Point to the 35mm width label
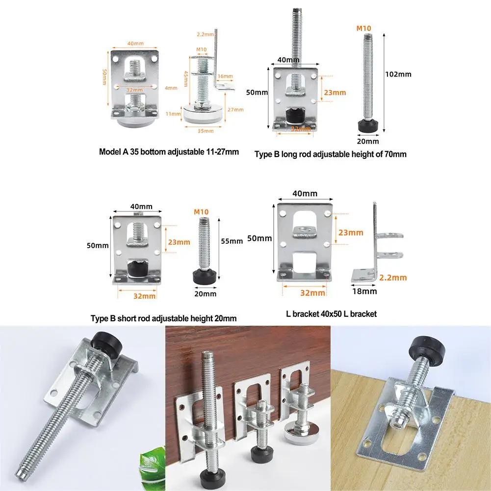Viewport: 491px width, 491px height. click(x=206, y=131)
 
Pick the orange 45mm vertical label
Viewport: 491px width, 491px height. click(x=186, y=77)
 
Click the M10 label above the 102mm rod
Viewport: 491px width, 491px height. click(x=363, y=28)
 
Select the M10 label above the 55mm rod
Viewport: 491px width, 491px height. click(x=201, y=212)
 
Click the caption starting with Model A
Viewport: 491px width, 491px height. click(x=169, y=152)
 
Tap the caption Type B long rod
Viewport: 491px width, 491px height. click(x=330, y=154)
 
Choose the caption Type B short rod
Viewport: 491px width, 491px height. click(x=163, y=318)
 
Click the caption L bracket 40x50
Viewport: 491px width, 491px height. click(x=331, y=313)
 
